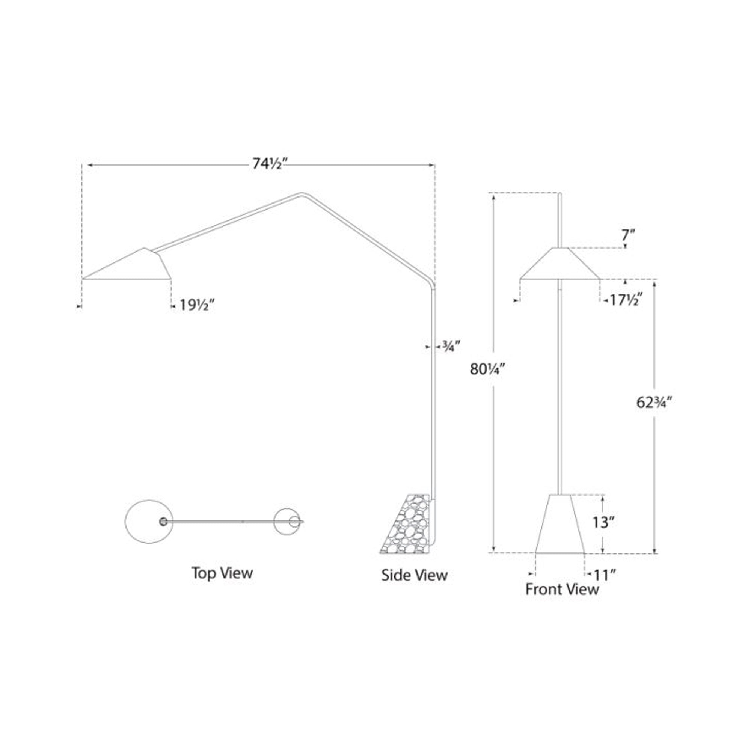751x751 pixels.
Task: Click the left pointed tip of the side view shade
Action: point(83,279)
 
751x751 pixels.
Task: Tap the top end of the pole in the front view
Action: point(560,193)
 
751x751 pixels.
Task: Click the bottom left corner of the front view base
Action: point(536,552)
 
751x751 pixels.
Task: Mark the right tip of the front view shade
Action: point(599,279)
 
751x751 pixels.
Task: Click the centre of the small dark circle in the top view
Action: point(164,522)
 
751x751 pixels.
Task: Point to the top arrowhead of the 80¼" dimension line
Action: point(494,197)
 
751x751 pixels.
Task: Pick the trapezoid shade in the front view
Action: point(560,264)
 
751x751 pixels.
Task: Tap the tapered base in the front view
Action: point(560,523)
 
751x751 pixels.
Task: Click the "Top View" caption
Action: point(222,573)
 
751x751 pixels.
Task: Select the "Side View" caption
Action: point(415,575)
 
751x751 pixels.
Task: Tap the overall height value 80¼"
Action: point(487,369)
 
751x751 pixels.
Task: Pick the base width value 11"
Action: point(605,574)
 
